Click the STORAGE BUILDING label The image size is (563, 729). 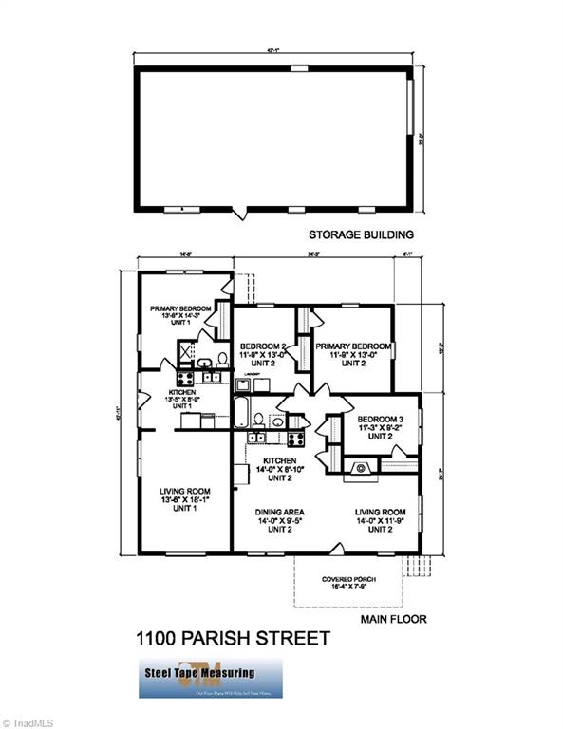coord(361,234)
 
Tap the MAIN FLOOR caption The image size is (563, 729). coord(393,619)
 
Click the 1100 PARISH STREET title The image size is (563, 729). coord(235,639)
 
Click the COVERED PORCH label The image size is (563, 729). coord(351,582)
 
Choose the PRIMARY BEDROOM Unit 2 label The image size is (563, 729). coord(353,354)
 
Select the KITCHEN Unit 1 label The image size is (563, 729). coord(182,400)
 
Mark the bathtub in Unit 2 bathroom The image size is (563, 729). coord(240,413)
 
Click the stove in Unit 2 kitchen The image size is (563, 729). coord(295,439)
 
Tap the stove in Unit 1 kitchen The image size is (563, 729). coord(184,378)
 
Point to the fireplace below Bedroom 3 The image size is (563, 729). coord(361,466)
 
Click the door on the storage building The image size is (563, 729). coord(244,211)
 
